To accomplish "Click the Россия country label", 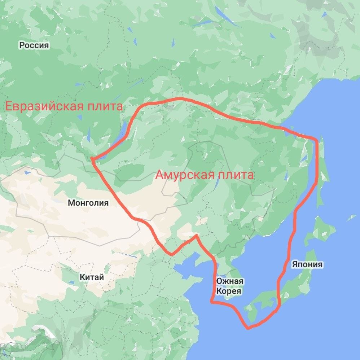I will point(34,45).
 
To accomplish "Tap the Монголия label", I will point(88,203).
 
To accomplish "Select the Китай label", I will point(92,277).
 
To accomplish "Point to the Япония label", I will point(307,264).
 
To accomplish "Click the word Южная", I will point(230,281).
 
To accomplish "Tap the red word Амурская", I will point(184,175).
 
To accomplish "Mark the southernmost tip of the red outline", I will point(248,328).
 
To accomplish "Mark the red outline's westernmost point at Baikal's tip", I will point(92,159).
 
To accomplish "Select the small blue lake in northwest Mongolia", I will point(27,173).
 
